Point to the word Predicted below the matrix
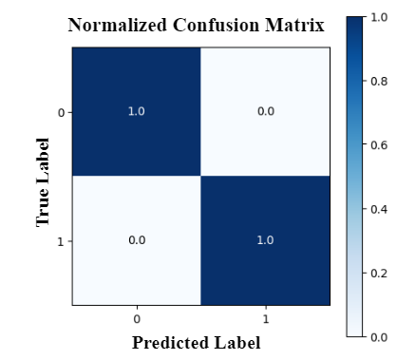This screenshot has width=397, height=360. [171, 342]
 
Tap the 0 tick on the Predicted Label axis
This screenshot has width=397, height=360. [137, 317]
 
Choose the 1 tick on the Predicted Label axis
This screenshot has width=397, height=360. [266, 317]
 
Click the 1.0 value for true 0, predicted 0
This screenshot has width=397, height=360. [137, 111]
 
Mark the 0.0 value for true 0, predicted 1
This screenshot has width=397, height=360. [266, 111]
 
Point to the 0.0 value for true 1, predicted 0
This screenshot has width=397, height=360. [137, 240]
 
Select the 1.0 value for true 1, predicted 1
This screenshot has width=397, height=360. [266, 240]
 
